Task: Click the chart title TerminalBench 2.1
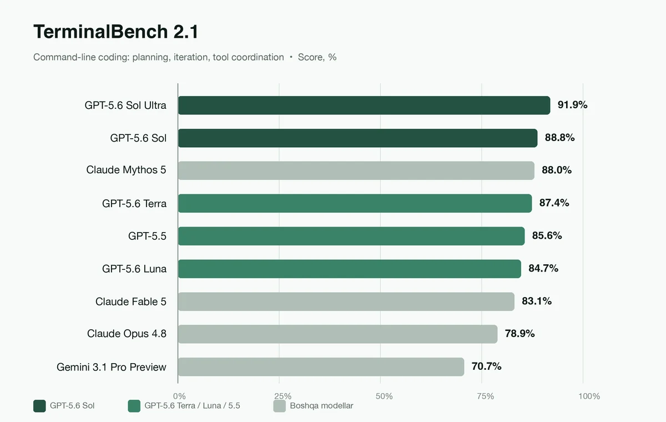115,32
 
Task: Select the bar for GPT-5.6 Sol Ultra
364,105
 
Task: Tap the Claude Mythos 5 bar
356,170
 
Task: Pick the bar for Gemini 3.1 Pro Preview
321,366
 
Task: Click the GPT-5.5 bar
351,236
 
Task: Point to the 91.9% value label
572,105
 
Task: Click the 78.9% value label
519,333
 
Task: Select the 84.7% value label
543,268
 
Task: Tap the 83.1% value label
537,301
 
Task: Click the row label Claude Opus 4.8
127,334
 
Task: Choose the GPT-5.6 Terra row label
134,203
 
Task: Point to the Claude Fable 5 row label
131,302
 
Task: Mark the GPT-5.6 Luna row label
134,269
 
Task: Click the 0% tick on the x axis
179,396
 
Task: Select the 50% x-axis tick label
384,396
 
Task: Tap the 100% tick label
589,396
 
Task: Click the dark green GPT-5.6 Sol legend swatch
39,406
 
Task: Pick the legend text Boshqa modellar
321,406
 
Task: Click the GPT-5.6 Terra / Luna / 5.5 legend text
192,406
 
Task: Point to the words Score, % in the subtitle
317,57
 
